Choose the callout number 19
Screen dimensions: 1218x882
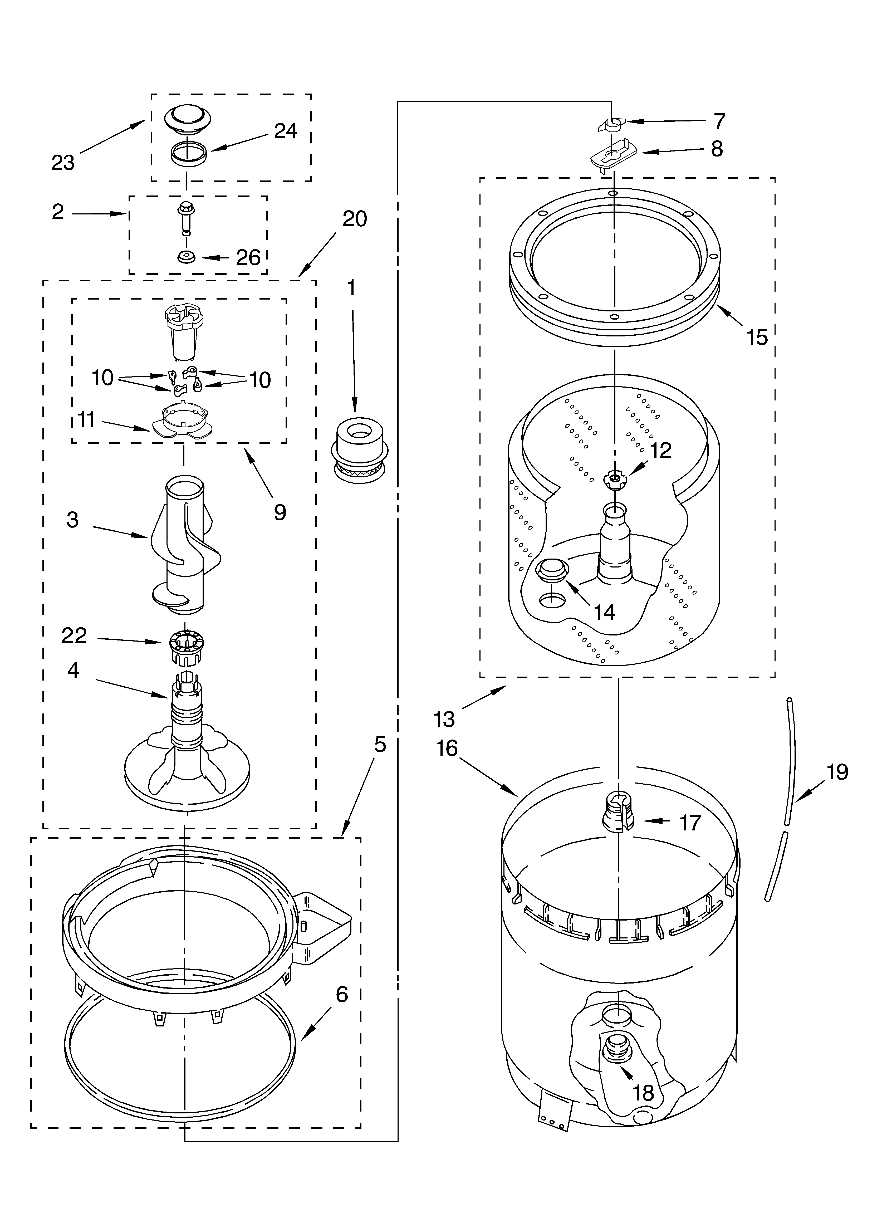pos(837,772)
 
